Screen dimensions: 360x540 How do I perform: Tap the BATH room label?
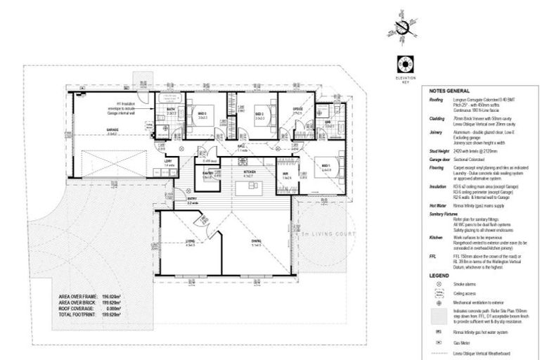pos(171,110)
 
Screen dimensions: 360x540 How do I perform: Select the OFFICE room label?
pos(297,109)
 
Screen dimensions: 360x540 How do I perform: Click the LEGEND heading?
pos(440,276)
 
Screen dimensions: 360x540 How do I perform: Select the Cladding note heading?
pos(436,119)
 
